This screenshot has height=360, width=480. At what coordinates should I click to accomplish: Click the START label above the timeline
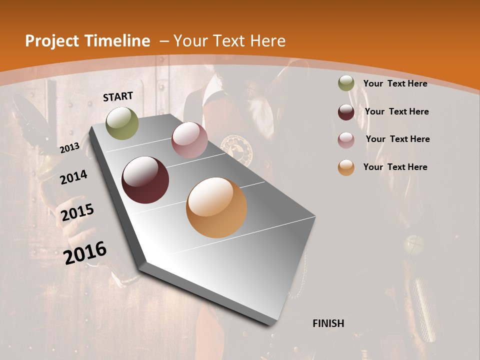118,96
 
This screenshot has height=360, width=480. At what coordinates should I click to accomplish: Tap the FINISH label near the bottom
328,323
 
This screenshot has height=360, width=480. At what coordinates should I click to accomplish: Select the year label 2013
69,148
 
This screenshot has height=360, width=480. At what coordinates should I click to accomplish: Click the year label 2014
73,177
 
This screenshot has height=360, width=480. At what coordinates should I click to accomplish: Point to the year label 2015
77,212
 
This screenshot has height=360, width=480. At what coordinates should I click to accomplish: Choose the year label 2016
85,252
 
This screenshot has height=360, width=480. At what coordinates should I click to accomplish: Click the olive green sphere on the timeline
122,123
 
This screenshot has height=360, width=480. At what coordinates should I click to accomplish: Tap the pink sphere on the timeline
189,140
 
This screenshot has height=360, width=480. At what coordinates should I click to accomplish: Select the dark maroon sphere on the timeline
145,180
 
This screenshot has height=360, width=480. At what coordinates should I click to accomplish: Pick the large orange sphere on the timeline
216,207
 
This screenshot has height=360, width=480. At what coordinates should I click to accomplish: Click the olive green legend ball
346,83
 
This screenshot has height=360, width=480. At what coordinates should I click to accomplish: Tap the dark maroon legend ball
346,111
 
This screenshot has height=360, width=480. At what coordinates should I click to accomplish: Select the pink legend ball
346,139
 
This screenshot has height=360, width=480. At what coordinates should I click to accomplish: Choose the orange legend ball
346,167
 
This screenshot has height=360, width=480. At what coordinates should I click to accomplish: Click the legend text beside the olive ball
395,83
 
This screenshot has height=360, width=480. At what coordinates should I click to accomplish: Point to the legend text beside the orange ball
395,167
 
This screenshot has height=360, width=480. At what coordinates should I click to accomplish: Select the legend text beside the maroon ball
396,111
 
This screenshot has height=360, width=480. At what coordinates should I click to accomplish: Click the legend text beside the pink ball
397,139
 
